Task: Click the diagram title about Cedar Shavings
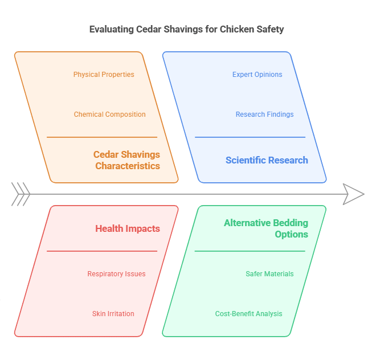point(186,29)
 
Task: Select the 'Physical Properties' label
point(104,75)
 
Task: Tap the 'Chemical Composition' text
point(109,114)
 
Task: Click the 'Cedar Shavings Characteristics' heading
point(127,160)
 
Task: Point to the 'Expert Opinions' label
point(257,75)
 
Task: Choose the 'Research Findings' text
point(264,114)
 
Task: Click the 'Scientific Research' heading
point(267,160)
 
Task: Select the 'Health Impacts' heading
point(127,228)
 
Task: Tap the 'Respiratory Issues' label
point(116,274)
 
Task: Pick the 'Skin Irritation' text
point(113,314)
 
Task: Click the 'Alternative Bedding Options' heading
point(266,228)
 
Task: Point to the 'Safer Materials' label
point(269,274)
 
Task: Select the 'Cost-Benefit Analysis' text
point(248,314)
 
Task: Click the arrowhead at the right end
point(354,194)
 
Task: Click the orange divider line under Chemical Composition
point(101,137)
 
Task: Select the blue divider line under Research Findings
point(250,137)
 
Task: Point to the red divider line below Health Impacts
point(101,251)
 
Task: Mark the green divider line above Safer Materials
point(250,251)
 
